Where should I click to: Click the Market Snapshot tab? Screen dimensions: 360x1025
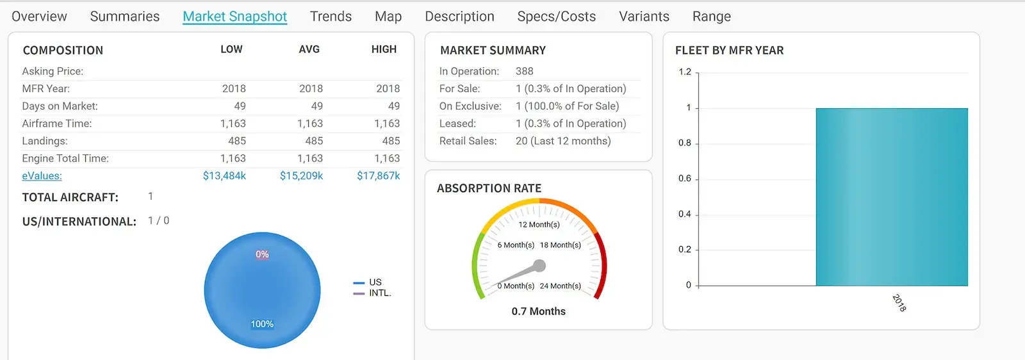coord(234,17)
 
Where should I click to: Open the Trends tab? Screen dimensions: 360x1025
coord(331,17)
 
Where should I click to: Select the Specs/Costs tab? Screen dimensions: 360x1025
coord(556,17)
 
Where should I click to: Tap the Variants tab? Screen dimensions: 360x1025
coord(644,17)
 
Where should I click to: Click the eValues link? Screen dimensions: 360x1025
coord(42,176)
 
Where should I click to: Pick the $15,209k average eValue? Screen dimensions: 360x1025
coord(301,176)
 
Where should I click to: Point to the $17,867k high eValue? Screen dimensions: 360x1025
coord(378,176)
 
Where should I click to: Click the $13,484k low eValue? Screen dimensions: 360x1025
coord(224,176)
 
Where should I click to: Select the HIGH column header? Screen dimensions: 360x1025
coord(384,49)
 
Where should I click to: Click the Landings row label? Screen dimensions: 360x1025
coord(45,141)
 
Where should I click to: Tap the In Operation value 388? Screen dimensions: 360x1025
coord(524,71)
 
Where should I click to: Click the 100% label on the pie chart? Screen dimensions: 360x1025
coord(262,324)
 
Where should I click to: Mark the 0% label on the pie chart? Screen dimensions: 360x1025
coord(262,254)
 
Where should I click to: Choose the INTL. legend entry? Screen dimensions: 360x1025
coord(379,293)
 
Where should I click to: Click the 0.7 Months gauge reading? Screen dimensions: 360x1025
coord(538,311)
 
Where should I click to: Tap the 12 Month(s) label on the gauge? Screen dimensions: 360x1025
coord(539,225)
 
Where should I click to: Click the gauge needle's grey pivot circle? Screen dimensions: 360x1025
coord(539,265)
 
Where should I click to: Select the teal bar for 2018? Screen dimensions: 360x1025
coord(891,197)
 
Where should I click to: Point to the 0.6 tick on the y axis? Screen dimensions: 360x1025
coord(685,179)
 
